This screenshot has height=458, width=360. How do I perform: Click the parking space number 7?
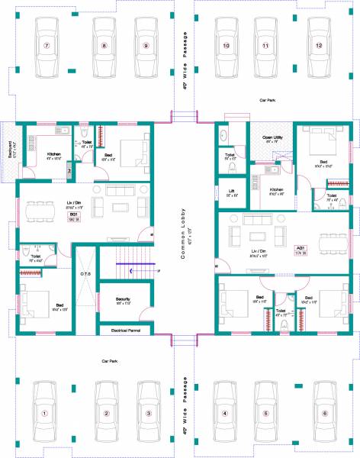point(46,46)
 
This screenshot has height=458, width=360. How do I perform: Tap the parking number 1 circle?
point(44,414)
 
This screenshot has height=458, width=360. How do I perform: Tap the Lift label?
point(231,191)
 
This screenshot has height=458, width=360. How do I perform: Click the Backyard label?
point(10,146)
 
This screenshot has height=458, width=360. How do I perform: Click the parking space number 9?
point(146,46)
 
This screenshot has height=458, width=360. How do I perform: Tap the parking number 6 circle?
point(325,414)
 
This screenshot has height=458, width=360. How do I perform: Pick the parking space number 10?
point(226,46)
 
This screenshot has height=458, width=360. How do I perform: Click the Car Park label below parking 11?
point(266,100)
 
